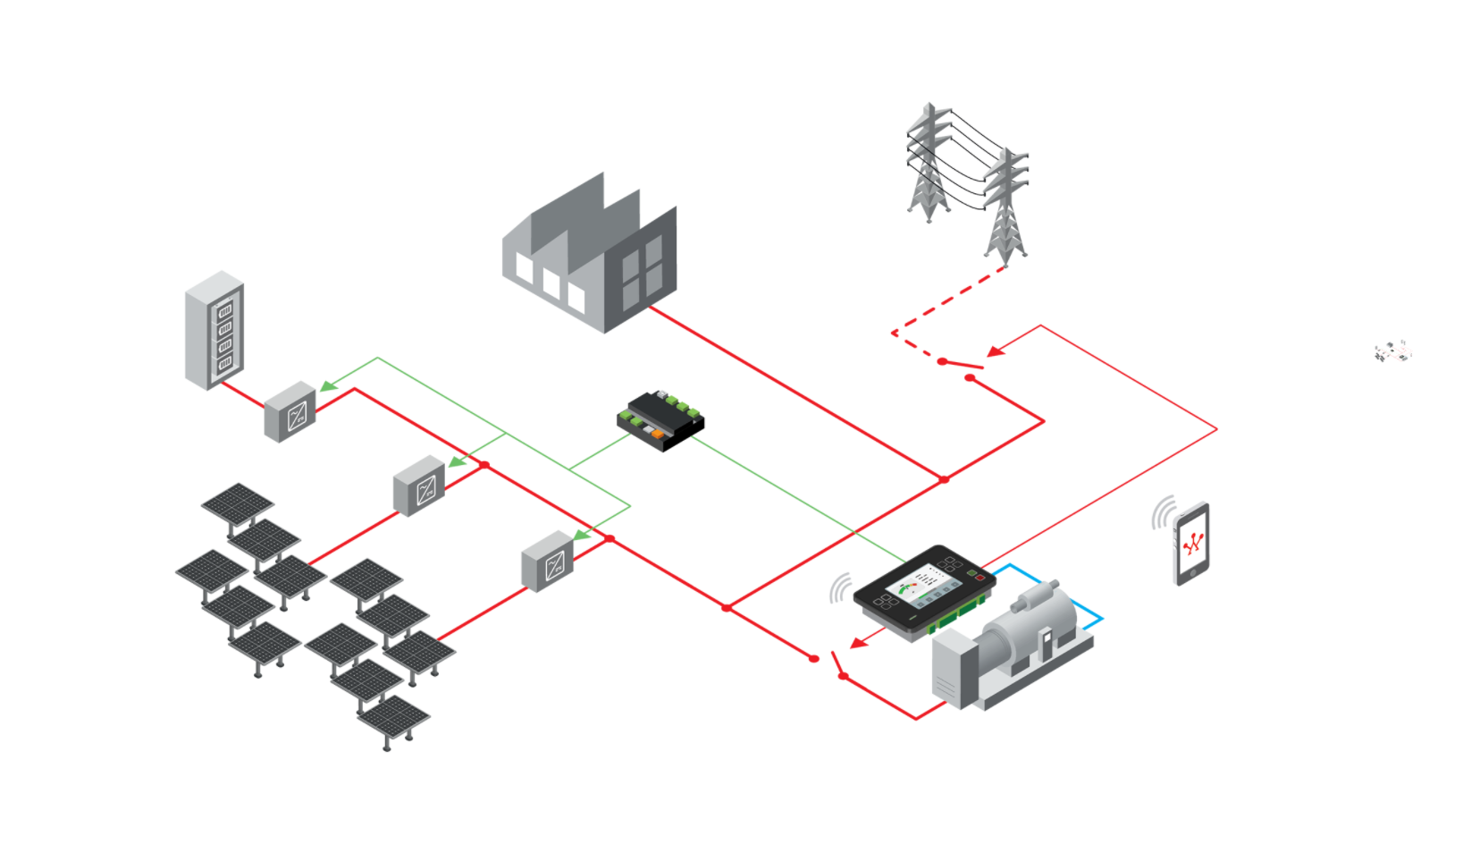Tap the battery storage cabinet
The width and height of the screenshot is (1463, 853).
pos(214,331)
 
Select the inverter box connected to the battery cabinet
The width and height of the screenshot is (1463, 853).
pos(290,412)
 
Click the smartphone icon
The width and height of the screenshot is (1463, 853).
pos(1191,545)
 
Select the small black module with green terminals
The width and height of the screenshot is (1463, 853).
pos(660,420)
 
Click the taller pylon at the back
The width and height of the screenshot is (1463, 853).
pos(929,161)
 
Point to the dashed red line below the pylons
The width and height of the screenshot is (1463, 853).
pos(947,300)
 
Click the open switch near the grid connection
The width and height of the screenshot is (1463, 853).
pos(962,366)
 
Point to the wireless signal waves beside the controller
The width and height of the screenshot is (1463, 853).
pos(840,589)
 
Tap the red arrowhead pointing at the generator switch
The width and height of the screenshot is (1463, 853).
pos(859,642)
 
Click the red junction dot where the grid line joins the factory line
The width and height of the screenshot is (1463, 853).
pos(944,480)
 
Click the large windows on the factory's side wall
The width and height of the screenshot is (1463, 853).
pos(642,269)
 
